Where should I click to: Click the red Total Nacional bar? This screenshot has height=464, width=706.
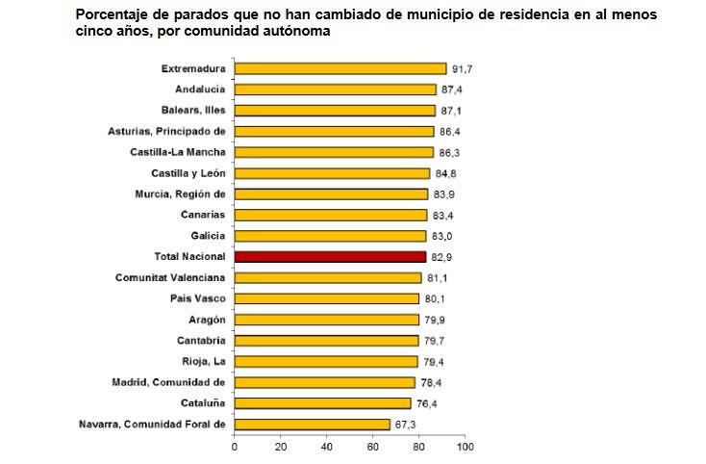click(330, 257)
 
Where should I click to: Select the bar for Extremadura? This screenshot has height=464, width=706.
click(340, 68)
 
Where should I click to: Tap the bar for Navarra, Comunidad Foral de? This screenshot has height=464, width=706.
click(313, 425)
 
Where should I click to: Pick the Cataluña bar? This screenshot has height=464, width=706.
click(323, 403)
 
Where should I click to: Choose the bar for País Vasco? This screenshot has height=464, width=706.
click(327, 298)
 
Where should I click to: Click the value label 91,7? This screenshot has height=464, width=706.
click(464, 69)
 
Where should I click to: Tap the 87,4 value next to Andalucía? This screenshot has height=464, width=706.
click(453, 90)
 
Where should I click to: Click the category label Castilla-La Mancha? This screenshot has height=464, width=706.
click(177, 152)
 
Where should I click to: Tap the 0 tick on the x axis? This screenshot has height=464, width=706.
click(235, 448)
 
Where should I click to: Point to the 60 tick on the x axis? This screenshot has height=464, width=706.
click(373, 448)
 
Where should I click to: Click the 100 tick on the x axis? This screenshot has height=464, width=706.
click(466, 448)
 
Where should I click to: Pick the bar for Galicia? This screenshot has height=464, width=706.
click(330, 236)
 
